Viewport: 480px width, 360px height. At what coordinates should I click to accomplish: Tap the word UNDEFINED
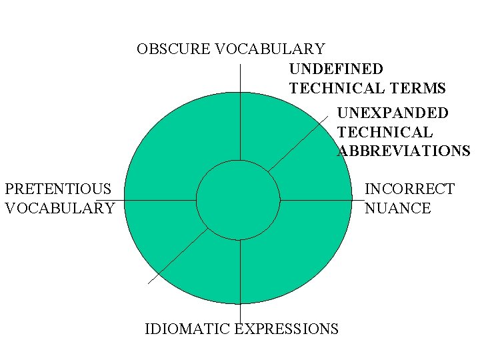point(336,69)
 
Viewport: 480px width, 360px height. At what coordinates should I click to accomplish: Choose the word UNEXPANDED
point(393,113)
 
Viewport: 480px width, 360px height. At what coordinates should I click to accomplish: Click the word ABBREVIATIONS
point(404,151)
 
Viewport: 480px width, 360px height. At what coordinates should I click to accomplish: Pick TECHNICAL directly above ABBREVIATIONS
point(385,133)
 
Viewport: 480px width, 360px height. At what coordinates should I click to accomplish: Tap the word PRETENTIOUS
point(58,189)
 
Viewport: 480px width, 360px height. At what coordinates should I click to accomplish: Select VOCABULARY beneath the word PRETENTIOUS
point(60,208)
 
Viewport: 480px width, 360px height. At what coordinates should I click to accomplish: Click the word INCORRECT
point(409,189)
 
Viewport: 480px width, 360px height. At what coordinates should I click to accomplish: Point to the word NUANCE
point(398,208)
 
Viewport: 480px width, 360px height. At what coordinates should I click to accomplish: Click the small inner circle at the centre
point(238,199)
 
